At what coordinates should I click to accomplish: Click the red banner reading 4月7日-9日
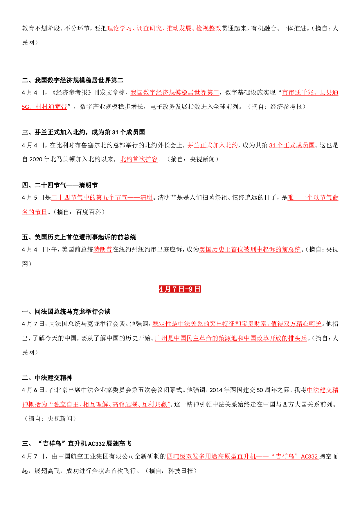coord(180,289)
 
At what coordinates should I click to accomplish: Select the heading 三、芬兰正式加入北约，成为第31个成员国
coord(83,132)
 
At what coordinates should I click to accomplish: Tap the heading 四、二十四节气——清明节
coord(60,185)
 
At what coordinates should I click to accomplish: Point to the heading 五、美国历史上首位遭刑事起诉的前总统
coord(79,237)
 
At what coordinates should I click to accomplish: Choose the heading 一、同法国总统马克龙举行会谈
coord(66,312)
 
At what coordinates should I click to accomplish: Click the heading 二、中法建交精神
coord(47,378)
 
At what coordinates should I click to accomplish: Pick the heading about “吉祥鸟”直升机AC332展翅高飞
coord(77,443)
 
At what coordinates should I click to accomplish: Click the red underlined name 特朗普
coord(103,250)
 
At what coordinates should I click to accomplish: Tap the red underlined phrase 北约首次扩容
coord(139,159)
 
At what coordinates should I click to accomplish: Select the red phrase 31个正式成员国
coord(292,145)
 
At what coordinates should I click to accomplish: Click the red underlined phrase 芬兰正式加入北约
coord(212,145)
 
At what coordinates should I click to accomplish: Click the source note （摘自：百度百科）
coord(78,212)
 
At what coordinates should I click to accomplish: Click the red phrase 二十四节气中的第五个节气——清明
coord(102,198)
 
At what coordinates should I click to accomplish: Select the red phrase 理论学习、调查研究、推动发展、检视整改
coord(164,28)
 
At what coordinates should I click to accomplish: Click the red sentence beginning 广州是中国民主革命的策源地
coord(231,338)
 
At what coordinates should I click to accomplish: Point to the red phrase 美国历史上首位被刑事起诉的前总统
coord(250,250)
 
